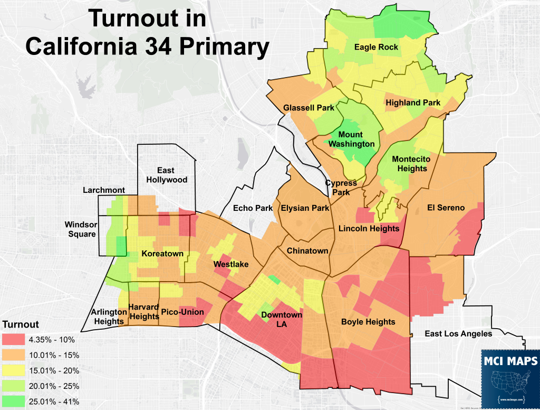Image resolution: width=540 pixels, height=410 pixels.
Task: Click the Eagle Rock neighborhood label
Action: [376, 47]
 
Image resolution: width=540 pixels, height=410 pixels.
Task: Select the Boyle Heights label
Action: [368, 322]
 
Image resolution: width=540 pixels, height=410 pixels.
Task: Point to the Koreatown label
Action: [162, 254]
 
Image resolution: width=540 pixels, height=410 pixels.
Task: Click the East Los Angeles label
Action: [458, 333]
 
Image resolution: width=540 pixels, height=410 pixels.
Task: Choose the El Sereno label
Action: [446, 208]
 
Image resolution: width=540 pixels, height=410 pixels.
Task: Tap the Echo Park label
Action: [253, 208]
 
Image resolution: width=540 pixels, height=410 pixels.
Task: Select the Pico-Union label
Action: [182, 312]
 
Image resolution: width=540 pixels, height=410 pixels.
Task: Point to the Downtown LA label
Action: [282, 320]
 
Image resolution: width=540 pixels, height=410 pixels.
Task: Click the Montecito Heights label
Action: [411, 164]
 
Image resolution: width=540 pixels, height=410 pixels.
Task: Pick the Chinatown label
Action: [307, 251]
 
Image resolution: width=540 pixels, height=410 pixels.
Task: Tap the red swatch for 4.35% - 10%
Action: [20, 340]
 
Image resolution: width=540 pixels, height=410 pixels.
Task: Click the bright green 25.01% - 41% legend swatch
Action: [20, 402]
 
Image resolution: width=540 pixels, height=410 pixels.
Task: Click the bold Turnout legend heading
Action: [21, 324]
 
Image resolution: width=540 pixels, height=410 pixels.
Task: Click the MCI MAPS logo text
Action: [510, 361]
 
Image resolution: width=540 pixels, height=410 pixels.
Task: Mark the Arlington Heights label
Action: [108, 316]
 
